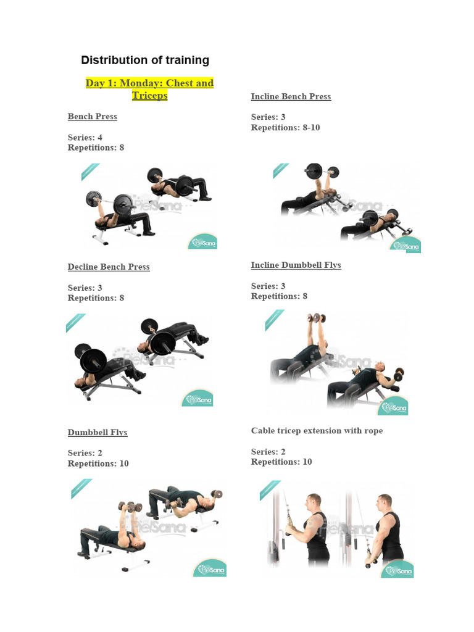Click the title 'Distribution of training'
point(145,60)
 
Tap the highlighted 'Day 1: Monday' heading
point(149,83)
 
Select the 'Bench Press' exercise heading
point(93,117)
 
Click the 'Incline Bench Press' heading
point(291,97)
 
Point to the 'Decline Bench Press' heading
point(109,267)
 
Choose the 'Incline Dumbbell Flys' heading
point(296,265)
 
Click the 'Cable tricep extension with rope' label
point(317,431)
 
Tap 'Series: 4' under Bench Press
point(85,138)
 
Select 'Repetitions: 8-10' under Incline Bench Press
point(285,128)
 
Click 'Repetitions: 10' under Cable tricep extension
point(281,462)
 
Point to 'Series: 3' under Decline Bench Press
point(85,288)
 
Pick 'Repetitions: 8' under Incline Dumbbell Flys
point(279,296)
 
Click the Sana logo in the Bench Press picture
point(202,241)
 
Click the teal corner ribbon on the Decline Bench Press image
point(75,323)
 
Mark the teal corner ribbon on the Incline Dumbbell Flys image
point(275,319)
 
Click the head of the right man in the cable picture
point(385,501)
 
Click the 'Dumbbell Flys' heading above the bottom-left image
point(98,433)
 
